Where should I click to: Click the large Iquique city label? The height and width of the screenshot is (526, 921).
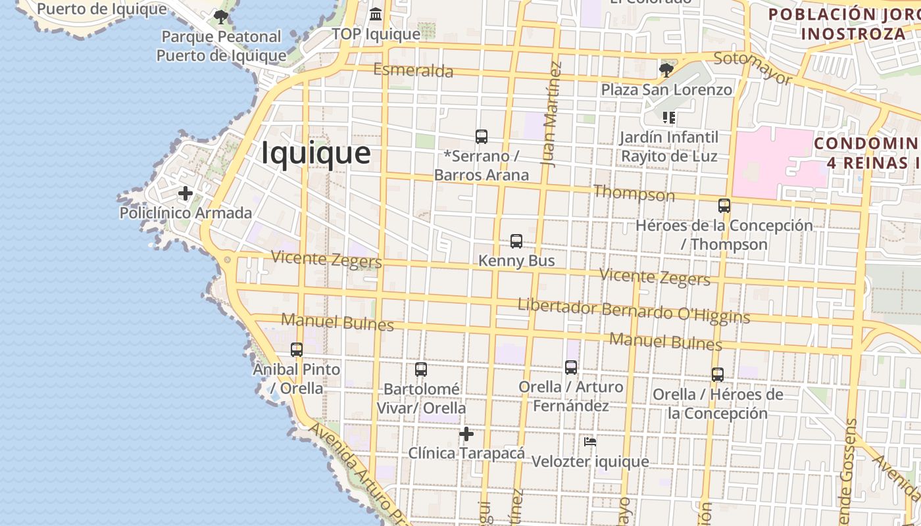click(316, 153)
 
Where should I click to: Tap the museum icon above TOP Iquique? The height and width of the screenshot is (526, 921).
click(376, 14)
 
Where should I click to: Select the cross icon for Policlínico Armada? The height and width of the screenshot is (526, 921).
click(186, 193)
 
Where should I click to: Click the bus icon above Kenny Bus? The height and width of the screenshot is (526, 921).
click(516, 241)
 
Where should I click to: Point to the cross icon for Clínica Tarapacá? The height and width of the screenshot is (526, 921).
click(466, 434)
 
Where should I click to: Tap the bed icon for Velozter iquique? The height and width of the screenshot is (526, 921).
click(590, 442)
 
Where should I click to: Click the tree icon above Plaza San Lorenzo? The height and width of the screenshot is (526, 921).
click(666, 70)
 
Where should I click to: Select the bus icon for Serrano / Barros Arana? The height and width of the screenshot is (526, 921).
click(482, 137)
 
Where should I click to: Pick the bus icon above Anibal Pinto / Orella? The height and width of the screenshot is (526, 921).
click(297, 350)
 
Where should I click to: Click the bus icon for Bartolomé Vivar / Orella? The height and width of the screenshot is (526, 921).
click(421, 370)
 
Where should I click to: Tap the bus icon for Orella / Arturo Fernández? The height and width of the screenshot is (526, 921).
click(571, 368)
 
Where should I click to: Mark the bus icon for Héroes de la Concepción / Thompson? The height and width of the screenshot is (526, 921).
click(724, 206)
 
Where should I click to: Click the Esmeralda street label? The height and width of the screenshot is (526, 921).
click(413, 70)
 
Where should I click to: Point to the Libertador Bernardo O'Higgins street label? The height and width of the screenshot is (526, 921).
click(634, 311)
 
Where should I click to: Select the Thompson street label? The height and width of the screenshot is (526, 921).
click(634, 193)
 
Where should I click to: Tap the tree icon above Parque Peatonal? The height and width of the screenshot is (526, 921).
click(221, 16)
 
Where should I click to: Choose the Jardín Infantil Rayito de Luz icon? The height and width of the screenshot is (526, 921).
click(669, 118)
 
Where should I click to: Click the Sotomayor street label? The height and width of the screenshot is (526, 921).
click(753, 67)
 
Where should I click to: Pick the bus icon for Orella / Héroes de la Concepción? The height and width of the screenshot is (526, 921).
click(718, 375)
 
